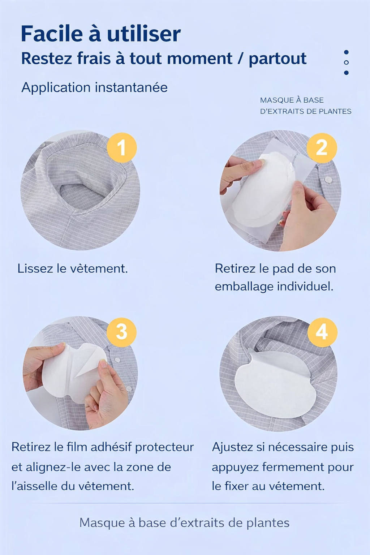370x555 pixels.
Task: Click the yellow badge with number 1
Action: point(122,147)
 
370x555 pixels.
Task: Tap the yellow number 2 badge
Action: point(322,147)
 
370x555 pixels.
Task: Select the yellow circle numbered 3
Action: point(122,332)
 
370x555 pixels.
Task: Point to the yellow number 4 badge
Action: point(322,332)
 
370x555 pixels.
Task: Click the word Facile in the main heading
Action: point(52,34)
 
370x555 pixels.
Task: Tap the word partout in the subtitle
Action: point(277,59)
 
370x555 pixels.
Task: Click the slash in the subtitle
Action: point(240,59)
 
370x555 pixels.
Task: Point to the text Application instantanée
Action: point(94,87)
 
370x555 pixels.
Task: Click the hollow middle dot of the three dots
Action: point(346,63)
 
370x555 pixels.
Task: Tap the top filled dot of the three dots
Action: point(346,52)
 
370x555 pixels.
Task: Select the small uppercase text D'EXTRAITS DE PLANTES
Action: point(305,111)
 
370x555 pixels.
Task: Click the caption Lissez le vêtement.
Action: point(73,268)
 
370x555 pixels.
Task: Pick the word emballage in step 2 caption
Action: point(244,287)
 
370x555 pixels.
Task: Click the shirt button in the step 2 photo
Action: point(328,179)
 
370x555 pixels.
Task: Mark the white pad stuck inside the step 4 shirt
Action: point(275,388)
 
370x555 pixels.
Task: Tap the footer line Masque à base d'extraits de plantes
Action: point(184,523)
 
